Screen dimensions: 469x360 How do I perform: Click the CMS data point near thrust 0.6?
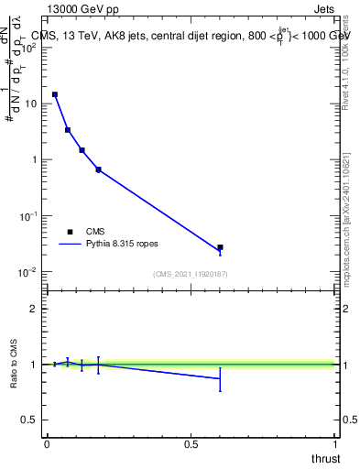pyautogui.click(x=220, y=247)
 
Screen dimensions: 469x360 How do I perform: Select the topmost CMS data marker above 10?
pyautogui.click(x=55, y=94)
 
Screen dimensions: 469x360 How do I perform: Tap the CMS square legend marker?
pyautogui.click(x=70, y=232)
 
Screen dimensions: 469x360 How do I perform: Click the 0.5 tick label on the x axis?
pyautogui.click(x=191, y=444)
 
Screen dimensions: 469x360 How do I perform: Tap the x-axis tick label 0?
pyautogui.click(x=47, y=444)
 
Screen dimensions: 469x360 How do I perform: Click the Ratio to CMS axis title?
pyautogui.click(x=15, y=365)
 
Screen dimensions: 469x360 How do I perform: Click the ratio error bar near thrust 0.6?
pyautogui.click(x=220, y=378)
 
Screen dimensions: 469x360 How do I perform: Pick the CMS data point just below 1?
pyautogui.click(x=98, y=169)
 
